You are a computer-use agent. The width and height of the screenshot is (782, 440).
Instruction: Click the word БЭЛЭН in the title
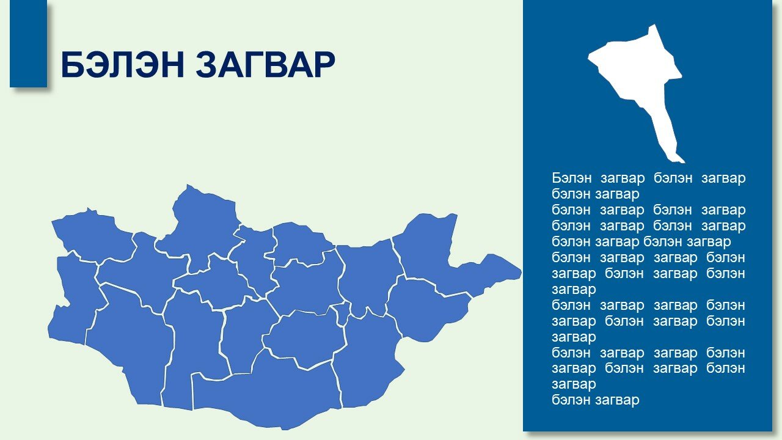tap(122, 65)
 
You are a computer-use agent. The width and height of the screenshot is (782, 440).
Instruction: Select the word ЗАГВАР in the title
tap(265, 65)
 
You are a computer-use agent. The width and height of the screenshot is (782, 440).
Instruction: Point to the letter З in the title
tap(206, 65)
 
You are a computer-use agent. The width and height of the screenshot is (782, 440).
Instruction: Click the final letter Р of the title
tap(324, 65)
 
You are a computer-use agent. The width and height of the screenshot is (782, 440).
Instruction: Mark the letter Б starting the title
tap(72, 65)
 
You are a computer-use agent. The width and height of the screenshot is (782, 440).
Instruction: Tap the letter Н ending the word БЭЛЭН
tap(172, 65)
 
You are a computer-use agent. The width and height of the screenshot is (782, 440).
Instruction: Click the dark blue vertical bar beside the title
tap(28, 43)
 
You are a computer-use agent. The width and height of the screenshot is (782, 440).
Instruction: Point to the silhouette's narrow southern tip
tap(682, 162)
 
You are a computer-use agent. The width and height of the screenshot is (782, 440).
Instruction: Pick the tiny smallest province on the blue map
tap(342, 312)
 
